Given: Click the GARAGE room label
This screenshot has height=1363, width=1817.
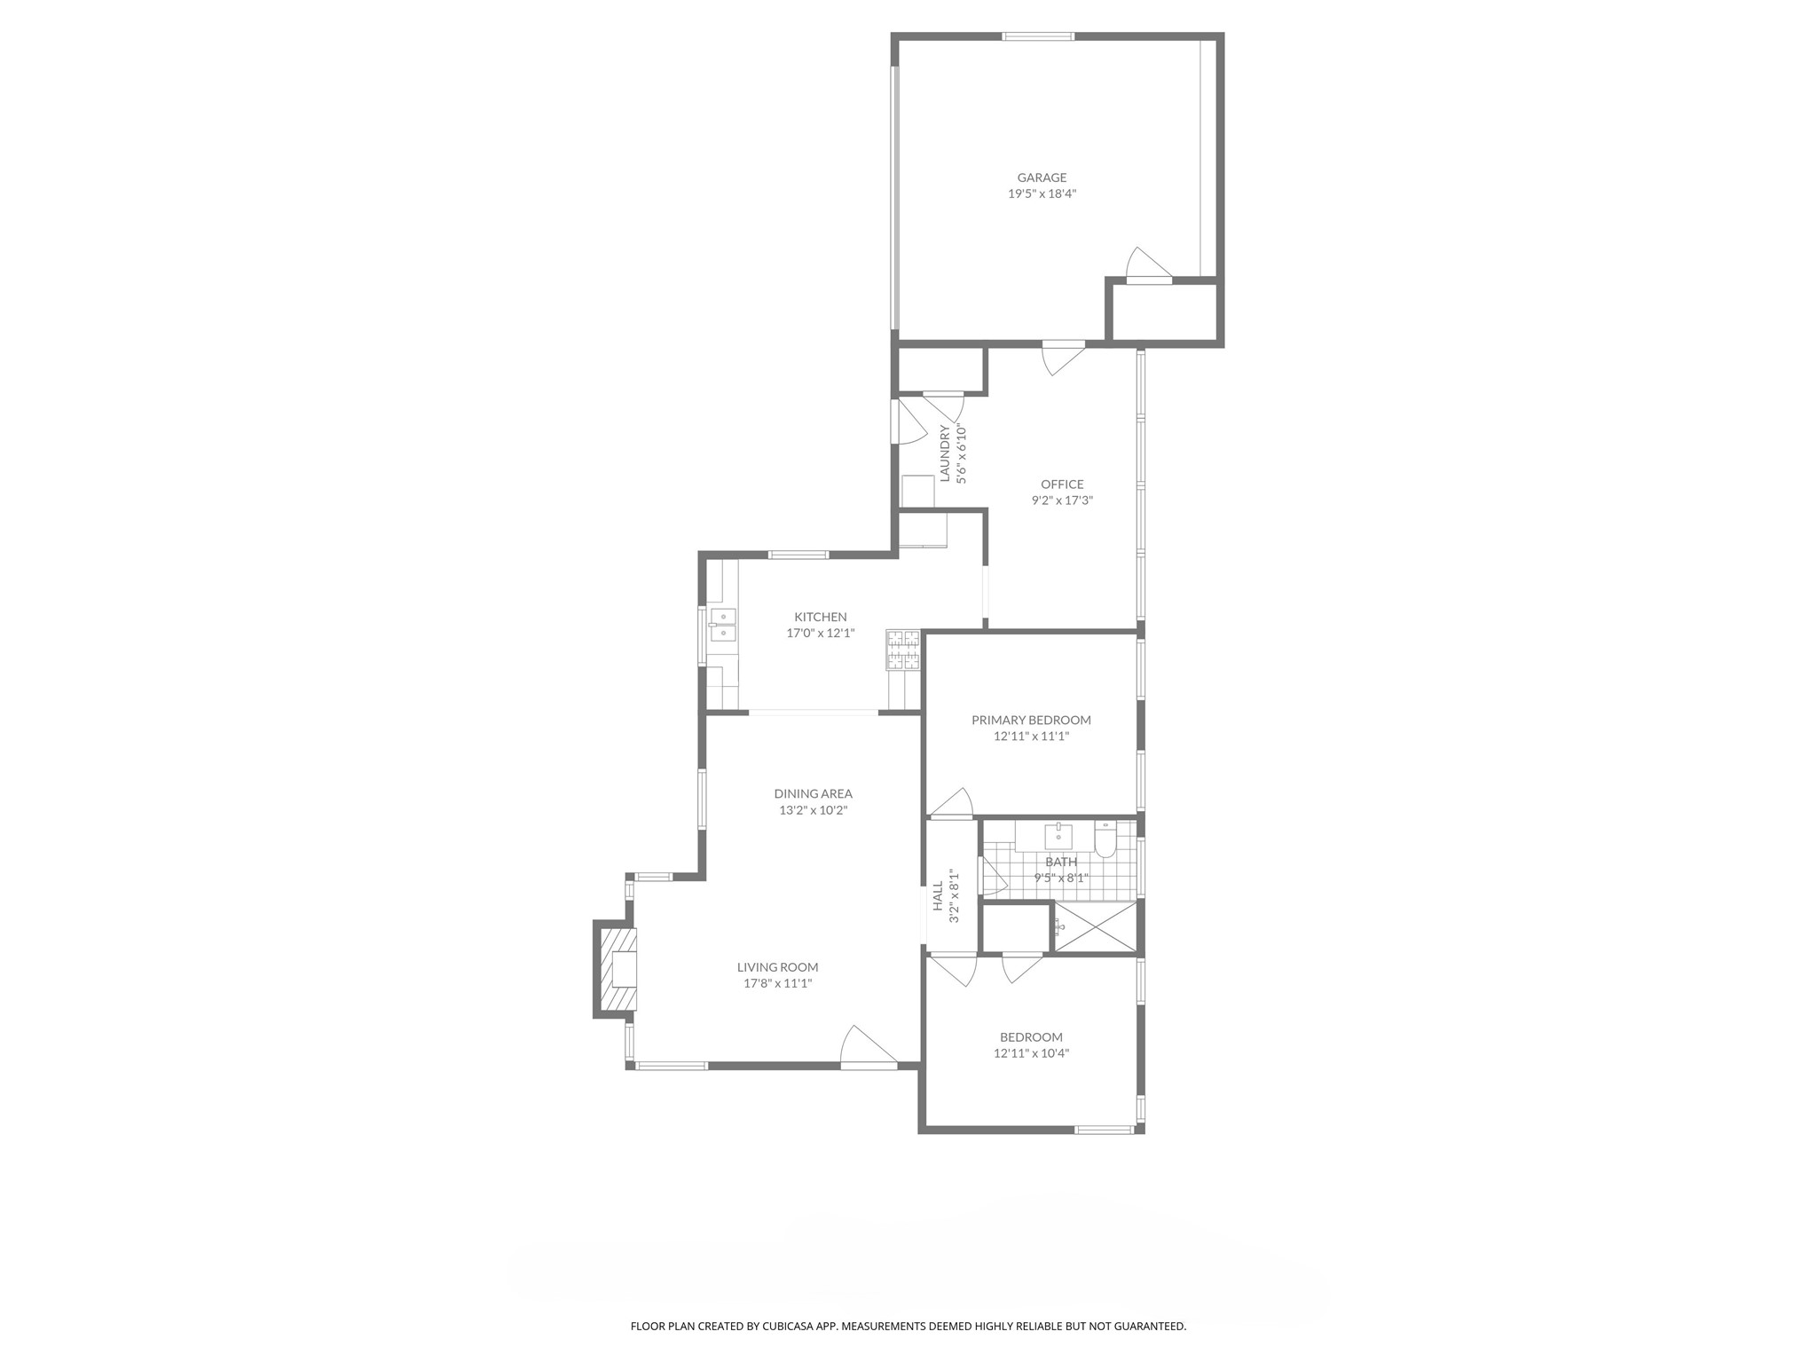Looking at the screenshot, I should coord(1042,177).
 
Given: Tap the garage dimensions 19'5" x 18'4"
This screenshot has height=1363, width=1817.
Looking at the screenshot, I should coord(1042,193).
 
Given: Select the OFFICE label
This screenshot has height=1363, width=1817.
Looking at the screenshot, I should coord(1062,485).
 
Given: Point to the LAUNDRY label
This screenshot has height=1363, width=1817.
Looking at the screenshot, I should coord(945,453).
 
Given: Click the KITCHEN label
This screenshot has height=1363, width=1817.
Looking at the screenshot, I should coord(820,617).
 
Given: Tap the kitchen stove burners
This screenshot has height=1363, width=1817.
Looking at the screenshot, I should coord(903,649).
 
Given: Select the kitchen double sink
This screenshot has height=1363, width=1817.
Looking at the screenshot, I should coord(722,625).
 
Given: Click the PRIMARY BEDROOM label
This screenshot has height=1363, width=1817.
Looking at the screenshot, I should coord(1031,720).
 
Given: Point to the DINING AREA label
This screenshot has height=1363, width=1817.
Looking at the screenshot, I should coord(813,794).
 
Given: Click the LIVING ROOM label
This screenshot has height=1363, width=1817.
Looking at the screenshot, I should coord(777,967).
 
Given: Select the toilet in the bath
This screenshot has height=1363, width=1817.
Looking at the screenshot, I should coord(1105,840).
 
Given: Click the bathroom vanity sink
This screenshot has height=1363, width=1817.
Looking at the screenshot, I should coord(1058,836).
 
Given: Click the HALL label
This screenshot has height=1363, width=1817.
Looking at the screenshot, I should coord(938,896).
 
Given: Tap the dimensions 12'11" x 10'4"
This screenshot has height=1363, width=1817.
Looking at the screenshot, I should coord(1031,1053).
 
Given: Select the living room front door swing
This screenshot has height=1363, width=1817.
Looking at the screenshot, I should coord(866,1047).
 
